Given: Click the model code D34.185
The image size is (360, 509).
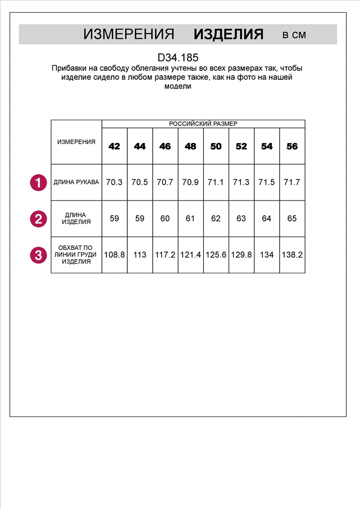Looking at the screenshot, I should (x=178, y=59).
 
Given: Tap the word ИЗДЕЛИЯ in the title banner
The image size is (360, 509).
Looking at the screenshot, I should (x=229, y=35).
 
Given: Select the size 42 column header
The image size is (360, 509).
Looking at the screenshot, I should (x=115, y=147).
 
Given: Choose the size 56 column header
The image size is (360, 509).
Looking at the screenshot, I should (x=292, y=147).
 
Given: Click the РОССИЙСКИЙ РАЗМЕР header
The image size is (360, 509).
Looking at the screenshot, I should (x=203, y=124).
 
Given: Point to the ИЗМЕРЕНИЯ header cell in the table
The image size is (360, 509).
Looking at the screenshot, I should (x=76, y=142).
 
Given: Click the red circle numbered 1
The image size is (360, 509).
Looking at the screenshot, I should (x=38, y=182).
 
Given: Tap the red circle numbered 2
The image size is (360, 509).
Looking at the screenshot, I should (x=38, y=219).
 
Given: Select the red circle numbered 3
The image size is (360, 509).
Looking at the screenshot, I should (x=38, y=254).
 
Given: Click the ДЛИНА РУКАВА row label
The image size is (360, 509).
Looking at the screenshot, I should (x=76, y=182).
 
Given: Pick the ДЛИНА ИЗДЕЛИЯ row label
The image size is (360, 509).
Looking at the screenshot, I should (x=76, y=218).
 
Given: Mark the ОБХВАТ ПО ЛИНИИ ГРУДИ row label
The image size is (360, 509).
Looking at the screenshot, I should (x=76, y=254).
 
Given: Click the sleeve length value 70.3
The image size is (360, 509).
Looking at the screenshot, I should (x=115, y=182).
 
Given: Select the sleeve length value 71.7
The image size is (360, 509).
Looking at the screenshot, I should (x=292, y=182).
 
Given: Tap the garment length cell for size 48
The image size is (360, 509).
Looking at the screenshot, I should (x=190, y=218).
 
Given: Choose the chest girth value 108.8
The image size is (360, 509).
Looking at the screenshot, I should (x=115, y=254).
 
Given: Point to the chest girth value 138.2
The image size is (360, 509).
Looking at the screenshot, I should (x=292, y=254).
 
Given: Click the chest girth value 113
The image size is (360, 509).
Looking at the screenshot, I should (x=140, y=254).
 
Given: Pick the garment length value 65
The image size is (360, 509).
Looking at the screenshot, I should (x=292, y=218).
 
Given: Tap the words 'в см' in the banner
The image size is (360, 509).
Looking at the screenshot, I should (x=294, y=35).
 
